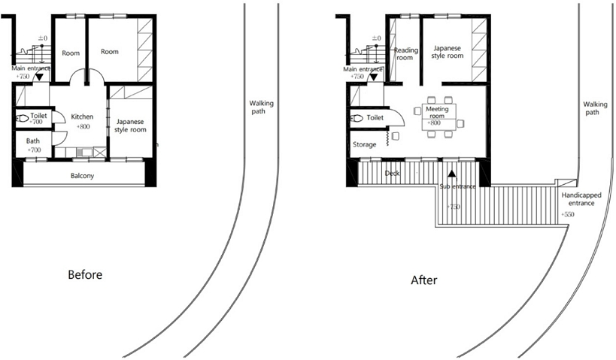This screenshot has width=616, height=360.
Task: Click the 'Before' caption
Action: click(85, 274)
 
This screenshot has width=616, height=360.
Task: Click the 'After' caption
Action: click(424, 280)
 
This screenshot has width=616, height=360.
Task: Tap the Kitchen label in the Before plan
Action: click(82, 116)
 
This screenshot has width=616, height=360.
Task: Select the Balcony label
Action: click(82, 175)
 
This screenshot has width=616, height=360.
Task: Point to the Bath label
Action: click(33, 141)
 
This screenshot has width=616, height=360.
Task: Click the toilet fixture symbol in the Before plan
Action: click(23, 118)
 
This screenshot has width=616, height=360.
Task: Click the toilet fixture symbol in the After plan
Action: click(357, 118)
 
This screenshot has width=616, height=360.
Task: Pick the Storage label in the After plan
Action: click(364, 144)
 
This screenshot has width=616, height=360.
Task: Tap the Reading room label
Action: click(406, 54)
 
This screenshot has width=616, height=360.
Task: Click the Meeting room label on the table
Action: click(437, 112)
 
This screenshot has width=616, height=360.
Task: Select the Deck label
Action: click(392, 173)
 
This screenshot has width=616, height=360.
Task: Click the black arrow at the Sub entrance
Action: click(452, 173)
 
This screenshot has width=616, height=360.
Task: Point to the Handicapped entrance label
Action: click(581, 199)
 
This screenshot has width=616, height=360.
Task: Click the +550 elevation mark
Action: click(567, 214)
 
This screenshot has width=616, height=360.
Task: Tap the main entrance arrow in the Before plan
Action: click(39, 77)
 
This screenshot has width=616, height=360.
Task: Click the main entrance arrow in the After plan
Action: click(373, 77)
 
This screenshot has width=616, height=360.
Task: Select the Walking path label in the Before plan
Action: click(261, 107)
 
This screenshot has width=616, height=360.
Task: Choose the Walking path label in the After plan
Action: click(595, 108)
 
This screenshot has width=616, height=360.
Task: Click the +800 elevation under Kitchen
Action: click(83, 126)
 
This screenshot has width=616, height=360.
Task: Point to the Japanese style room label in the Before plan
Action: click(130, 126)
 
